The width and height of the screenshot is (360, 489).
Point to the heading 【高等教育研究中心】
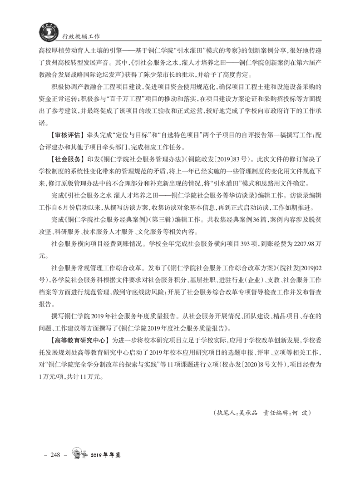[79, 340]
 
